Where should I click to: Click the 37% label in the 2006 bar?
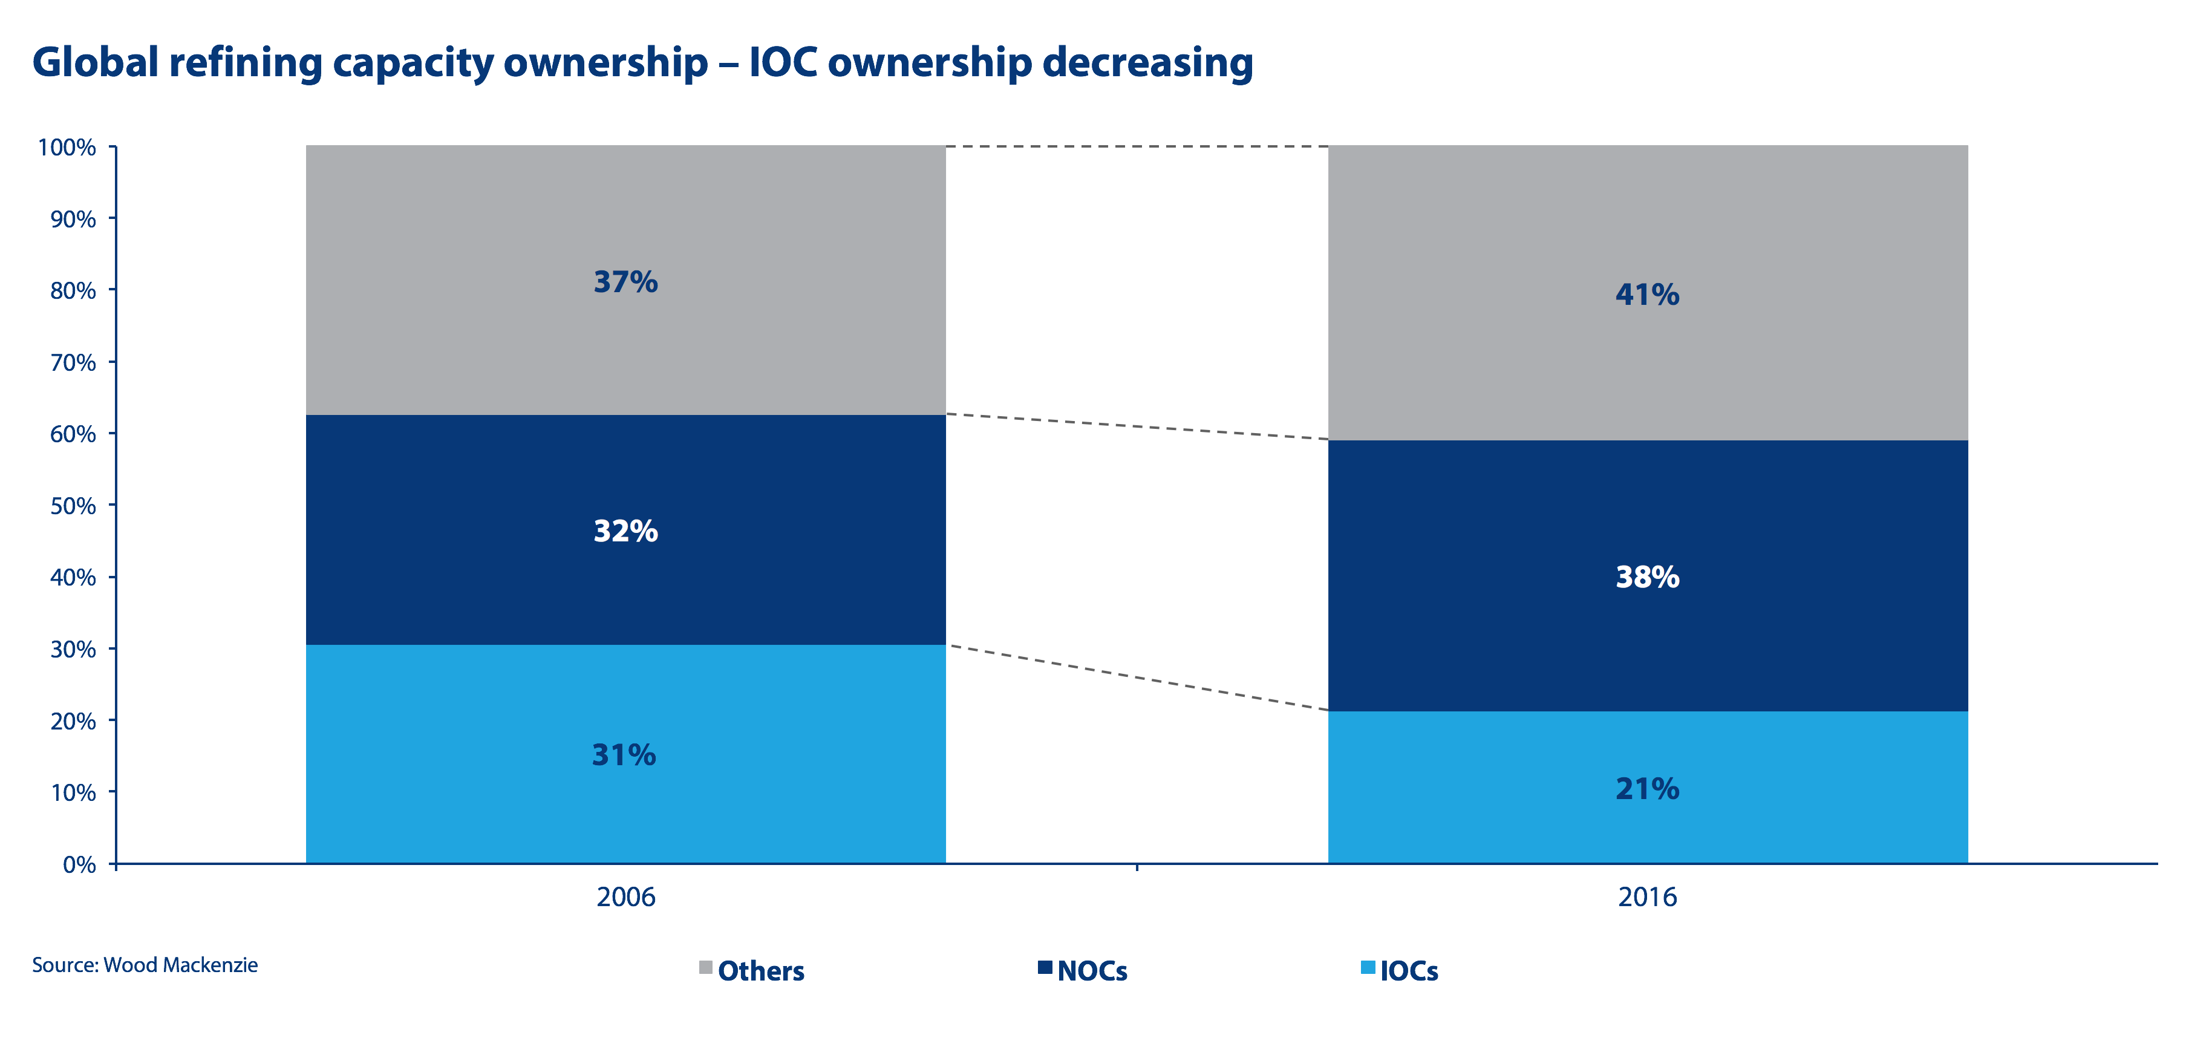coord(625,282)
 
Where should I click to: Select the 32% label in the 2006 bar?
coord(625,531)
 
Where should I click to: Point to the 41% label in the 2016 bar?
coord(1647,295)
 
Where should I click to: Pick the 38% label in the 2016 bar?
coord(1647,577)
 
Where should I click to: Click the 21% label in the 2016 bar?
coord(1647,789)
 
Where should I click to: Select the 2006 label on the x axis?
coord(625,897)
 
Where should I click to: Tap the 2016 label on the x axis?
coord(1647,897)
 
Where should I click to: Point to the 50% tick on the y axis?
coord(71,506)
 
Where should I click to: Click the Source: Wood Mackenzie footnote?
coord(145,965)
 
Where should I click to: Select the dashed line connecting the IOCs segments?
coord(1137,678)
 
